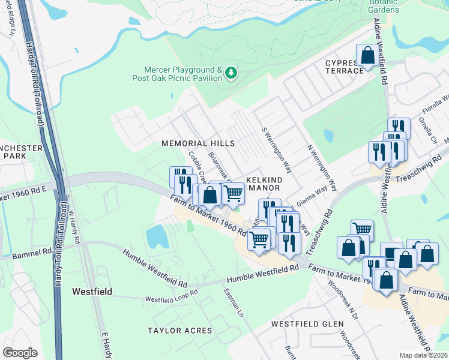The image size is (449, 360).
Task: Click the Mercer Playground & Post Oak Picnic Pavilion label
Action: click(177, 74)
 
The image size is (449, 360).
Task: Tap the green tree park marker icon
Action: click(231, 73)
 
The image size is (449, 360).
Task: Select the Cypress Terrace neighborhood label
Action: click(345, 67)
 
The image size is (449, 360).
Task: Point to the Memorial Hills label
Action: click(197, 143)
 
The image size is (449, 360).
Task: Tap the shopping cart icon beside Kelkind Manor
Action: click(232, 193)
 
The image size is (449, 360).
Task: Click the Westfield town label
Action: click(92, 292)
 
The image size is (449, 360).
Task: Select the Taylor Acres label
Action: click(180, 331)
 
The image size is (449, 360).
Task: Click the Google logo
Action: click(20, 352)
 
